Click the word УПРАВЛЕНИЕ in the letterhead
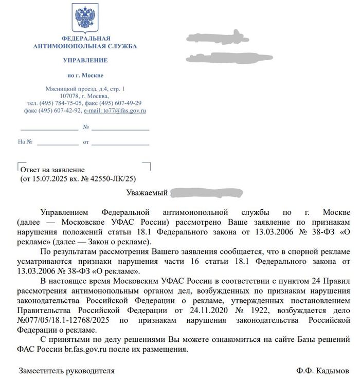[85, 61]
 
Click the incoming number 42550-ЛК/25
[113, 179]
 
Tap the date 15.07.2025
[47, 179]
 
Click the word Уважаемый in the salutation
[147, 193]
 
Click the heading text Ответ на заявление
[52, 170]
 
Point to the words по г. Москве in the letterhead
[85, 76]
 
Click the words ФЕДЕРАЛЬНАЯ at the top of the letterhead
[85, 39]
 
